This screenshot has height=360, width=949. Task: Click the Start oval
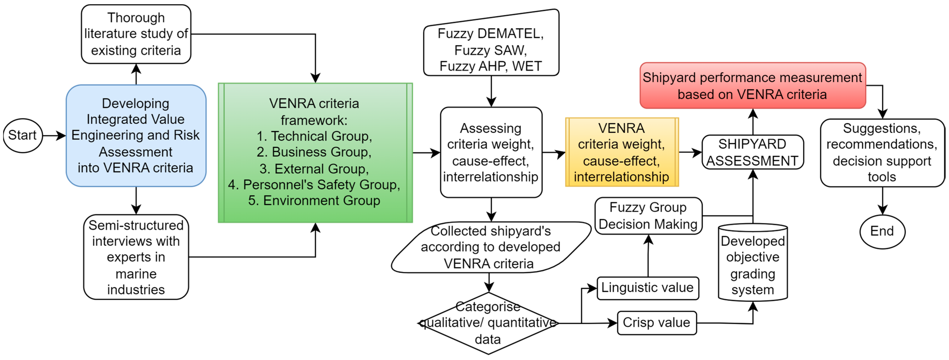(x=23, y=136)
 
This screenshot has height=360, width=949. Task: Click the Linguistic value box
(x=648, y=288)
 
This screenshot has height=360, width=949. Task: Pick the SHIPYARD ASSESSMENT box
(x=753, y=152)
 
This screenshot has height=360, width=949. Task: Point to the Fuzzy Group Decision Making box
(x=648, y=216)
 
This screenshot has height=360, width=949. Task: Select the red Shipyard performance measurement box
(x=753, y=86)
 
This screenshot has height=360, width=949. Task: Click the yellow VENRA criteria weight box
(x=622, y=152)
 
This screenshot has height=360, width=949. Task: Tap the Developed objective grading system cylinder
(x=753, y=262)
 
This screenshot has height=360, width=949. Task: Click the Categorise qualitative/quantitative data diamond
(x=488, y=323)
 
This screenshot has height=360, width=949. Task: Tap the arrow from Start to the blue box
(x=54, y=136)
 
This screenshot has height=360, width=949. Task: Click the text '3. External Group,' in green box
(x=314, y=169)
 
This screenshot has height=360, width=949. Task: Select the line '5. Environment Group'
(x=314, y=201)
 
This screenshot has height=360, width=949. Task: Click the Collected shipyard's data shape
(x=491, y=247)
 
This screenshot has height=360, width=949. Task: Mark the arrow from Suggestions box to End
(x=882, y=201)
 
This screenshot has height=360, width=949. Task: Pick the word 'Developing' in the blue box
(x=136, y=103)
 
